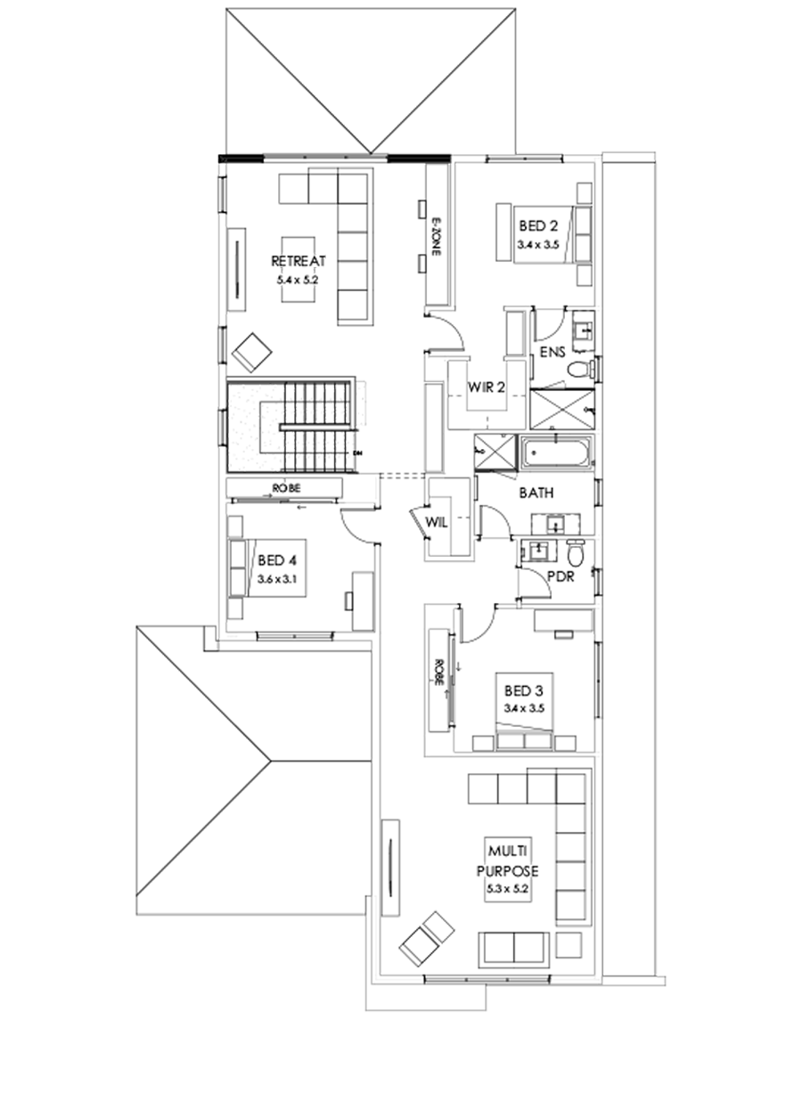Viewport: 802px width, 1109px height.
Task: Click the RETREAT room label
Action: click(x=299, y=261)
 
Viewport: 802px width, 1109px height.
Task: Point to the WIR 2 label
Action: click(x=487, y=388)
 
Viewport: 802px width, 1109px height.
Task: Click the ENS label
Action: click(x=552, y=353)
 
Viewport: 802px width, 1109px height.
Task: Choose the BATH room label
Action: click(x=536, y=492)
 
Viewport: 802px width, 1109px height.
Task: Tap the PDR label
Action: click(x=560, y=576)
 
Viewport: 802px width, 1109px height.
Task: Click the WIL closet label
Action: click(x=436, y=522)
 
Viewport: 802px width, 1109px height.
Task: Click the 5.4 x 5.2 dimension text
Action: click(x=299, y=278)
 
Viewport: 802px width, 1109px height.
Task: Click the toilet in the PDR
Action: click(x=575, y=554)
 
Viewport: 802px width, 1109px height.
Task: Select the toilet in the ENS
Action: click(x=580, y=369)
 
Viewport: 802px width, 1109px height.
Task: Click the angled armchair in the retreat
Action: click(x=252, y=353)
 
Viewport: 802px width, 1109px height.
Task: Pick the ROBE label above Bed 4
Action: click(x=287, y=488)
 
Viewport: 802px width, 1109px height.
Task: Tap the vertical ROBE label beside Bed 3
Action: click(x=438, y=672)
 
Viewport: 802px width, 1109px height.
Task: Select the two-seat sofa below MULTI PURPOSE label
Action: click(x=514, y=949)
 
